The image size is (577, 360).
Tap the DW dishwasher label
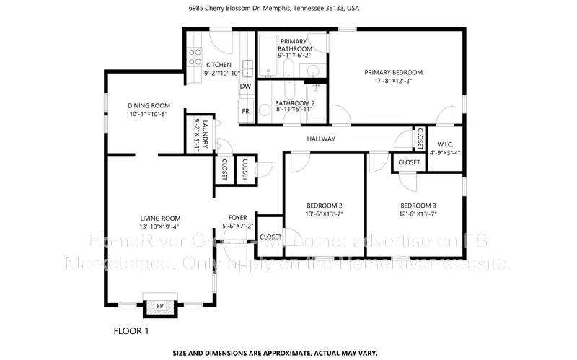pyautogui.click(x=245, y=87)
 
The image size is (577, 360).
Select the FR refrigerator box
pyautogui.click(x=245, y=111)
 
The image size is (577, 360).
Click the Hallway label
pyautogui.click(x=321, y=139)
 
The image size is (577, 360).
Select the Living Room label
pyautogui.click(x=160, y=218)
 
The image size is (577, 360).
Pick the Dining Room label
pyautogui.click(x=149, y=105)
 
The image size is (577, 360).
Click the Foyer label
pyautogui.click(x=238, y=217)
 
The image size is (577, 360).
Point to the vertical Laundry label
pyautogui.click(x=206, y=134)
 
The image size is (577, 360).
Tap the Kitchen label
pyautogui.click(x=198, y=65)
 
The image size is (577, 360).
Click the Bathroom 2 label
pyautogui.click(x=295, y=103)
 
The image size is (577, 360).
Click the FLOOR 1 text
pyautogui.click(x=131, y=331)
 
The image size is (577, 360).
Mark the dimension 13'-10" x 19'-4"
pyautogui.click(x=160, y=227)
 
